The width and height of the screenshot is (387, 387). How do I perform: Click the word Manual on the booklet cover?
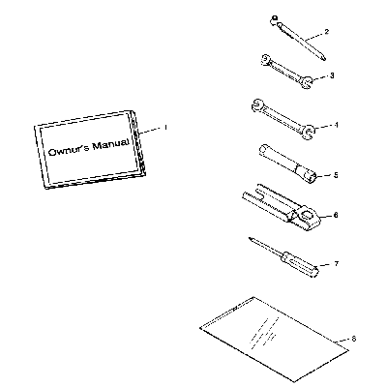tap(110, 145)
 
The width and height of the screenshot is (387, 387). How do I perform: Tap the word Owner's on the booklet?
tap(69, 151)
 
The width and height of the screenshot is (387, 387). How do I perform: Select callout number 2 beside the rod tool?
tap(327, 32)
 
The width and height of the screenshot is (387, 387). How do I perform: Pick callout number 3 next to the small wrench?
tap(332, 75)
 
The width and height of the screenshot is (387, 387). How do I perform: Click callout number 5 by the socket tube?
tap(336, 175)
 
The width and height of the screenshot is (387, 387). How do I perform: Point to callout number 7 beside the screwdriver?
tap(337, 264)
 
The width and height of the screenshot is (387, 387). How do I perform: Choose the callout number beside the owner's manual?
tap(165, 128)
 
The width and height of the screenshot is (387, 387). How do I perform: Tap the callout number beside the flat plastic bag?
tap(353, 339)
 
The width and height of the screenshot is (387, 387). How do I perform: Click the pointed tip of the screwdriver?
tap(250, 239)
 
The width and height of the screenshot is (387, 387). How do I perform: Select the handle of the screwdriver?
tap(300, 265)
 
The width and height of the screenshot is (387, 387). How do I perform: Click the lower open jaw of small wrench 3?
tap(307, 82)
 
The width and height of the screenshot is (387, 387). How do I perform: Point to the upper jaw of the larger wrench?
tap(256, 105)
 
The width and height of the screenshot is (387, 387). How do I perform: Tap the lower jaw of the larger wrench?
tap(309, 132)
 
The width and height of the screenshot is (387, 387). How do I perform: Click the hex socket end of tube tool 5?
tap(312, 176)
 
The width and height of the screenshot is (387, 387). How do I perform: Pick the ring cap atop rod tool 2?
tap(274, 19)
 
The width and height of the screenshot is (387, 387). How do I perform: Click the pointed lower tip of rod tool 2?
tap(323, 58)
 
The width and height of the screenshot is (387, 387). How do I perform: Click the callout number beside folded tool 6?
tap(336, 215)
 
